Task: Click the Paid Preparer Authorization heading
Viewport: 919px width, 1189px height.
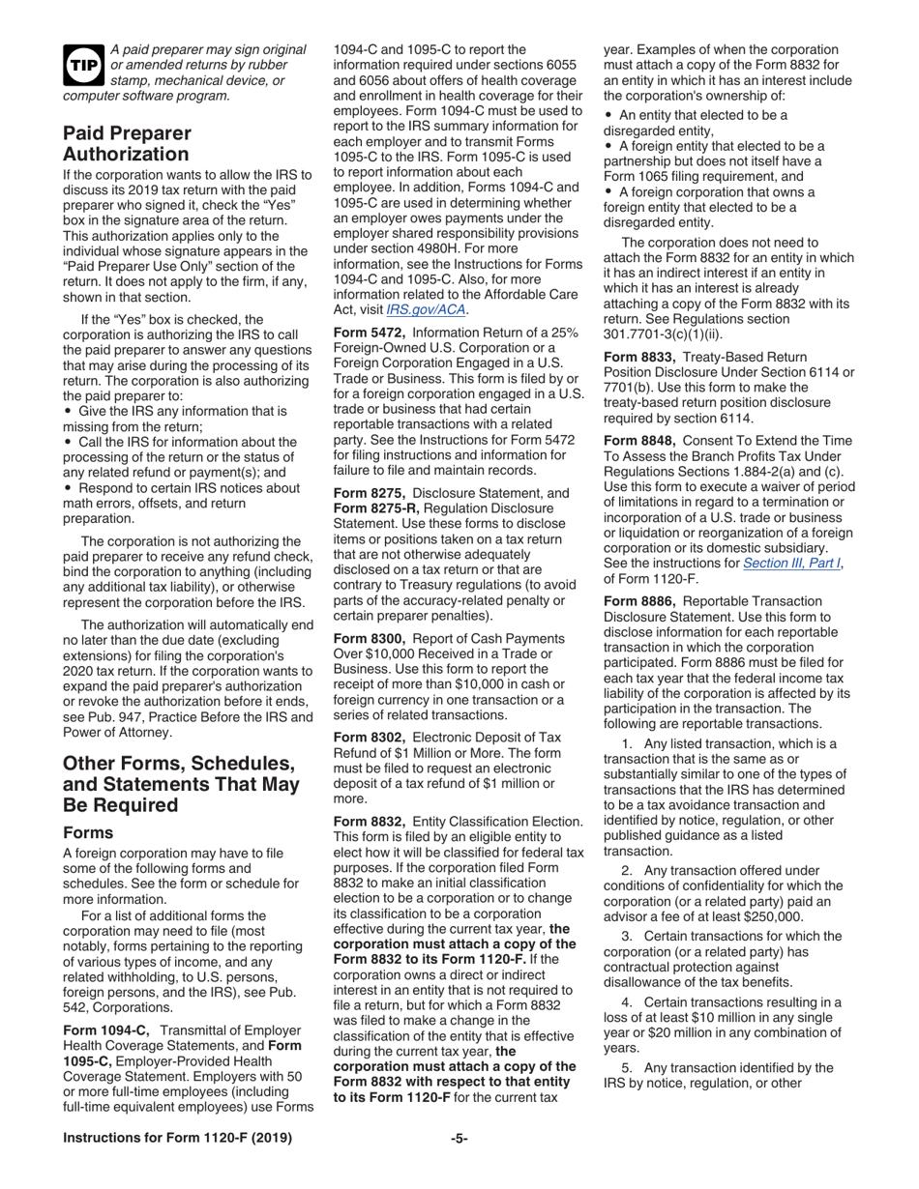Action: [127, 143]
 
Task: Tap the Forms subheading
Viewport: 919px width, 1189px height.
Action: [90, 831]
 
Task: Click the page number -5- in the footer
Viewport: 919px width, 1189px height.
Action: [459, 1165]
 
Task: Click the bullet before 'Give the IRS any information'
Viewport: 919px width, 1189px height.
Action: [67, 385]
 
